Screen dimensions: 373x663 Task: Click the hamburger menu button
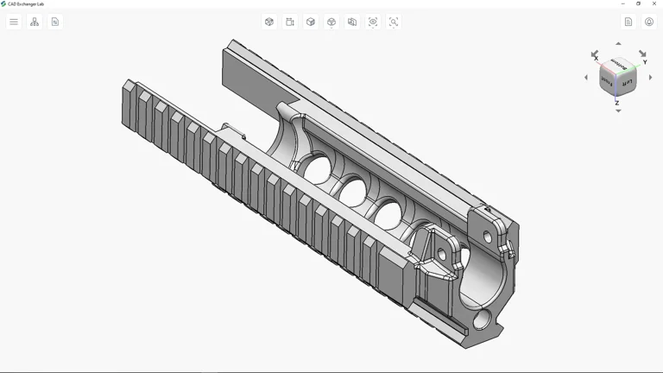14,22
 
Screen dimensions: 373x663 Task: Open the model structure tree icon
35,22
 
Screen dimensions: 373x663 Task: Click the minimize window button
623,3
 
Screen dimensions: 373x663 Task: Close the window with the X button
654,3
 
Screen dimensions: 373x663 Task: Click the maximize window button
639,3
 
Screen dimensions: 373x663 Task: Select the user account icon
649,22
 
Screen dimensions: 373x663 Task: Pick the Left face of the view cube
628,83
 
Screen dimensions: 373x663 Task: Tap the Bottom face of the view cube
617,65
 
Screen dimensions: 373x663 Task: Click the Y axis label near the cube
645,62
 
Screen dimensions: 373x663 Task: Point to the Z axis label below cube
617,103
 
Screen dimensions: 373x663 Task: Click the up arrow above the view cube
618,43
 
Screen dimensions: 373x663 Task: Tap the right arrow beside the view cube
650,78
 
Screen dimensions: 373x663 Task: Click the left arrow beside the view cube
586,78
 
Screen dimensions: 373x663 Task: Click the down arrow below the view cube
618,111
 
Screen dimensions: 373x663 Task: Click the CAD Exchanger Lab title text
26,3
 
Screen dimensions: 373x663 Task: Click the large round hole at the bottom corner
481,320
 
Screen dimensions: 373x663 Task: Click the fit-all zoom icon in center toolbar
373,22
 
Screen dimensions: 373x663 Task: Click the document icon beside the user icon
628,22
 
